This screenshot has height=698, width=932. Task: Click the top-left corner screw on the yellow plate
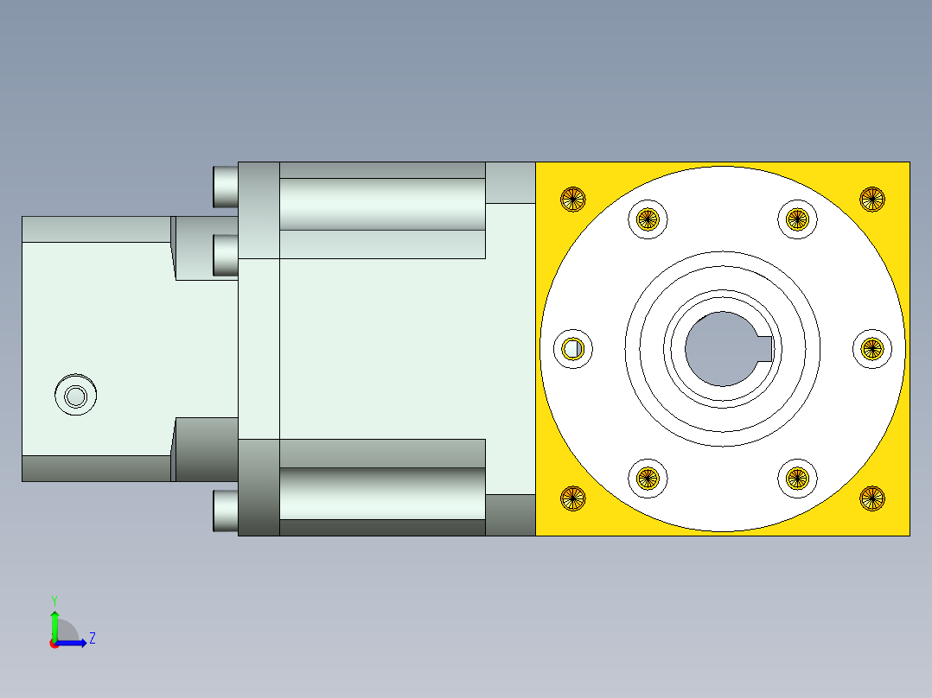572,200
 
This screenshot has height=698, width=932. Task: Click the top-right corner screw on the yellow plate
872,199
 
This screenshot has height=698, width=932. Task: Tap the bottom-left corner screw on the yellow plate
572,498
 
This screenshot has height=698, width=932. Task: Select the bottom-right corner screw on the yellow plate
872,498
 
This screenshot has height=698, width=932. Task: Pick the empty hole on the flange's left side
572,349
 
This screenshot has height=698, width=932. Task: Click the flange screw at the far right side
871,349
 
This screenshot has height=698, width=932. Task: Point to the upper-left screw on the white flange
648,219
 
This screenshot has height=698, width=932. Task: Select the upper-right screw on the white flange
796,219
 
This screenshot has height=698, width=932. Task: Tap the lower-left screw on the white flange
648,478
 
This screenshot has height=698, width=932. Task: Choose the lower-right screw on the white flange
796,478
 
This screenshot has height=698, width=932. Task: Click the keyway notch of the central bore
764,349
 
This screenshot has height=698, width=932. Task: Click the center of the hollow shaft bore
720,349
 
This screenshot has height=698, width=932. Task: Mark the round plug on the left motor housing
75,397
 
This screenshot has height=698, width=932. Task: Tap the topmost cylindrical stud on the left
225,187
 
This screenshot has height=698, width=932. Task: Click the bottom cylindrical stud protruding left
225,511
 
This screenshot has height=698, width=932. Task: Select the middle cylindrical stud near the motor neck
225,255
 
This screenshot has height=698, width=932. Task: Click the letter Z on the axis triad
92,638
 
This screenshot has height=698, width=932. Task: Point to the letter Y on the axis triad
54,600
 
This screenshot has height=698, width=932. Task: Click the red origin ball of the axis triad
54,644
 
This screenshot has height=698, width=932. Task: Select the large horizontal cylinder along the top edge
381,204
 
